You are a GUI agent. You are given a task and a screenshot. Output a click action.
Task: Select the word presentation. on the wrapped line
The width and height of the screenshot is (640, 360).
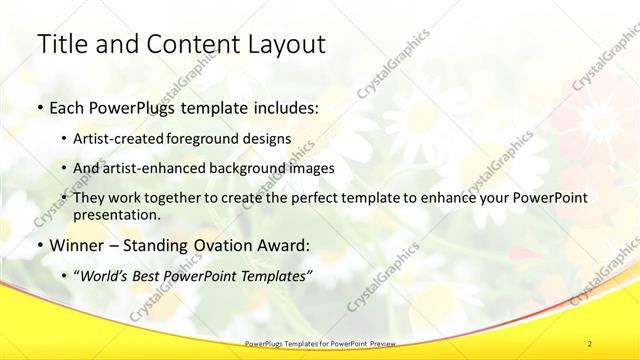117,215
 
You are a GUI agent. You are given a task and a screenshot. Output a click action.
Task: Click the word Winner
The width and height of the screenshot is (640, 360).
75,245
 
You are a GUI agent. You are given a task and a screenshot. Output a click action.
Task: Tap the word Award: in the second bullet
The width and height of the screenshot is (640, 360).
278,245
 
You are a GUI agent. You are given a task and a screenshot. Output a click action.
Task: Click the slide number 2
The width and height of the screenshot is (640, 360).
591,343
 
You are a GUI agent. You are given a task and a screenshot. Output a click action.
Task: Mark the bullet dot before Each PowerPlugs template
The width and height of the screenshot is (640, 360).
39,106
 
